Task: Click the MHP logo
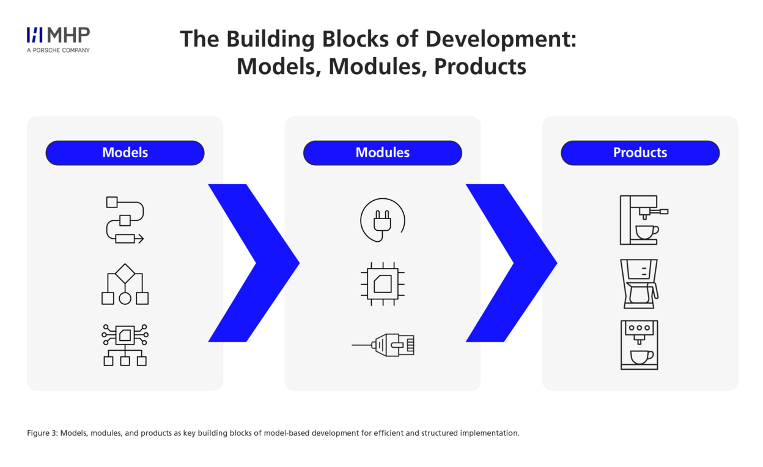click(58, 40)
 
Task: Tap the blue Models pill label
click(125, 153)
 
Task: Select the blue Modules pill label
click(383, 153)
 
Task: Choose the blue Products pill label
click(640, 153)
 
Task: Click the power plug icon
click(383, 220)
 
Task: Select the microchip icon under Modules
click(383, 284)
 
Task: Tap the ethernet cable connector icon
click(383, 345)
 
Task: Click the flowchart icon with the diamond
click(125, 284)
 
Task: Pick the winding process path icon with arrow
click(125, 220)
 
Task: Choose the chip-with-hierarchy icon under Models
click(125, 345)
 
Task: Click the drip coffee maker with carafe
click(640, 284)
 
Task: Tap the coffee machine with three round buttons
click(640, 345)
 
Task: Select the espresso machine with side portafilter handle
click(644, 220)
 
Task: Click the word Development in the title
click(501, 39)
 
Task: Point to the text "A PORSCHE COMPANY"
click(58, 50)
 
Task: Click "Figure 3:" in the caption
click(43, 433)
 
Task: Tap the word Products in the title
click(481, 67)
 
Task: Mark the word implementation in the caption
click(490, 433)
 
